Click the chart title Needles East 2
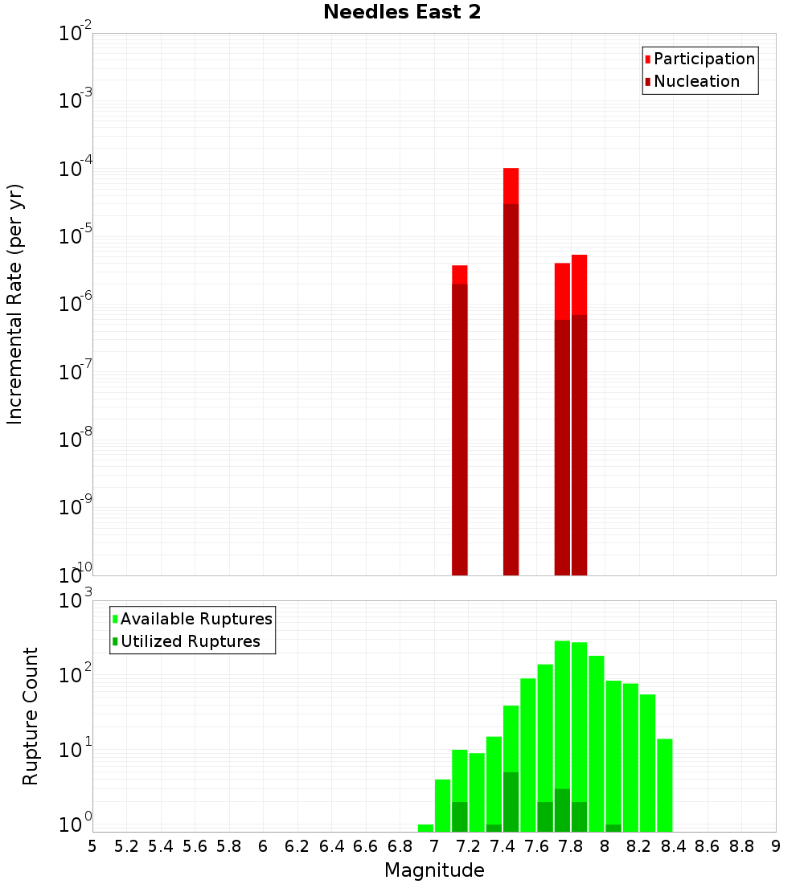pos(402,13)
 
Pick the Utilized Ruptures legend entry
pos(190,641)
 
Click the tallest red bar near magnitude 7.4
pos(511,370)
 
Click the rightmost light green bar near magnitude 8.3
pos(664,784)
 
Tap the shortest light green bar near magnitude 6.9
pos(425,828)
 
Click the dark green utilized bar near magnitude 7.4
pos(511,801)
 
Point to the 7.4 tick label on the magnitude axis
pos(503,846)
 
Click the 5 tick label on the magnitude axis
pos(92,846)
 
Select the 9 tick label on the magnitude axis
pos(776,846)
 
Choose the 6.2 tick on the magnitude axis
pos(297,846)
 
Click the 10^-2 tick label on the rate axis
pos(76,34)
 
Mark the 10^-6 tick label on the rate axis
pos(76,305)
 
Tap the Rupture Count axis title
pos(31,715)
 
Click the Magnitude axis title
pos(434,870)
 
